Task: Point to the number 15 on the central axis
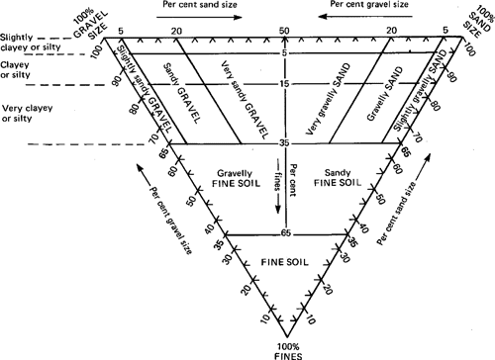coord(285,85)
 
